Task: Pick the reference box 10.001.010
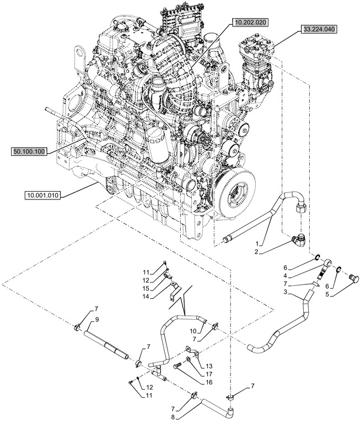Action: (x=46, y=195)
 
